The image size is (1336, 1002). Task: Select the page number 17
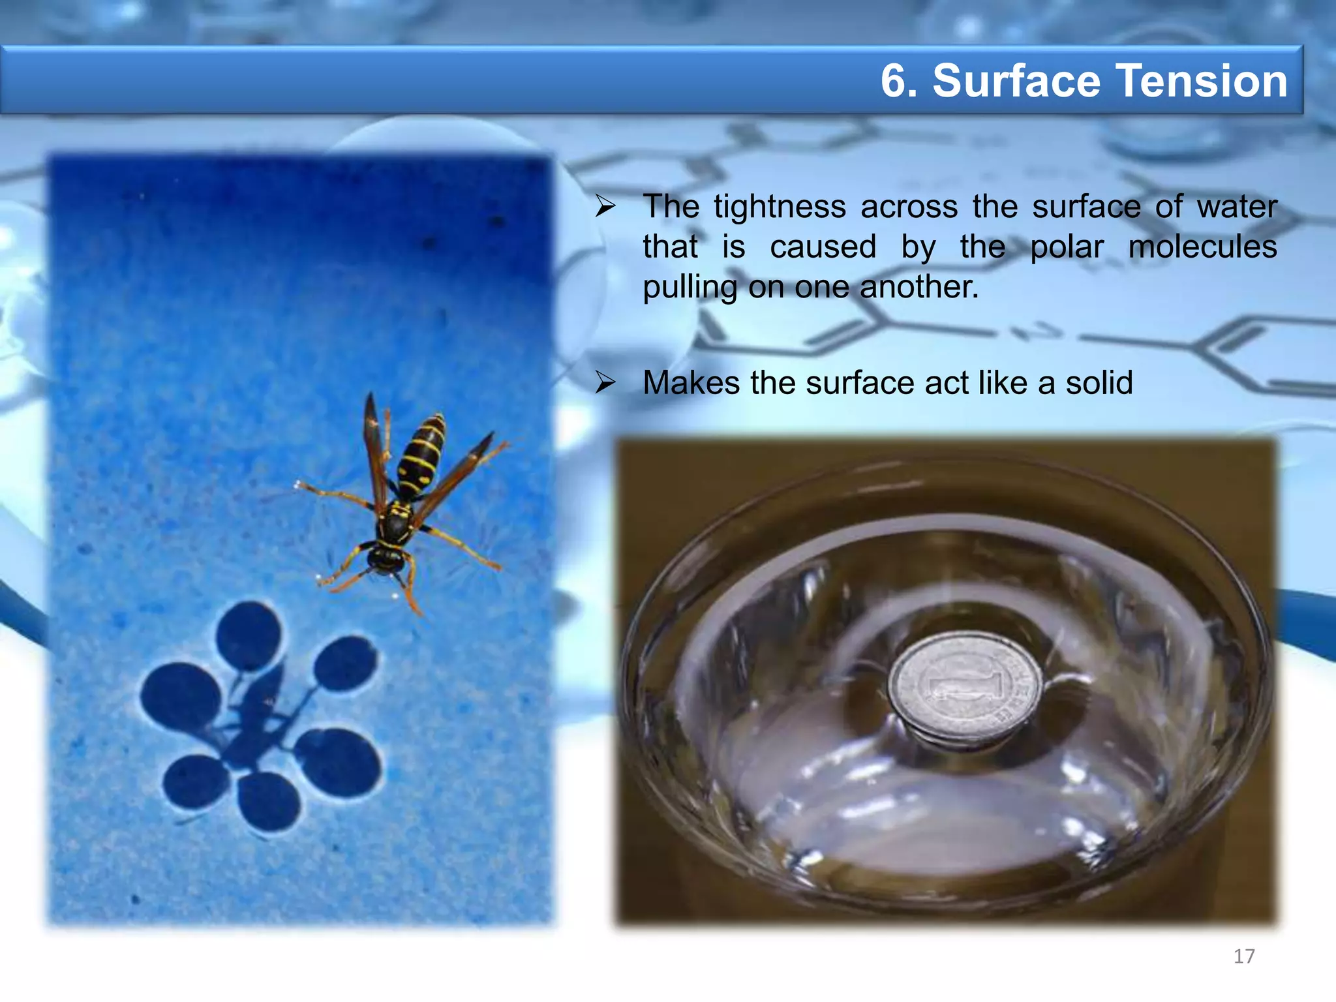coord(1244,956)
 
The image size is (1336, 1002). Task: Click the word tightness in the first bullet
coord(780,207)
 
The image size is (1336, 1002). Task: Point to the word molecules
coord(1202,247)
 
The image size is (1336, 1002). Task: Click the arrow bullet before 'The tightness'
coord(605,207)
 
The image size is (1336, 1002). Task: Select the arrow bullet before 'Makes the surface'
coord(605,383)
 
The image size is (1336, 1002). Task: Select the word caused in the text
coord(823,247)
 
